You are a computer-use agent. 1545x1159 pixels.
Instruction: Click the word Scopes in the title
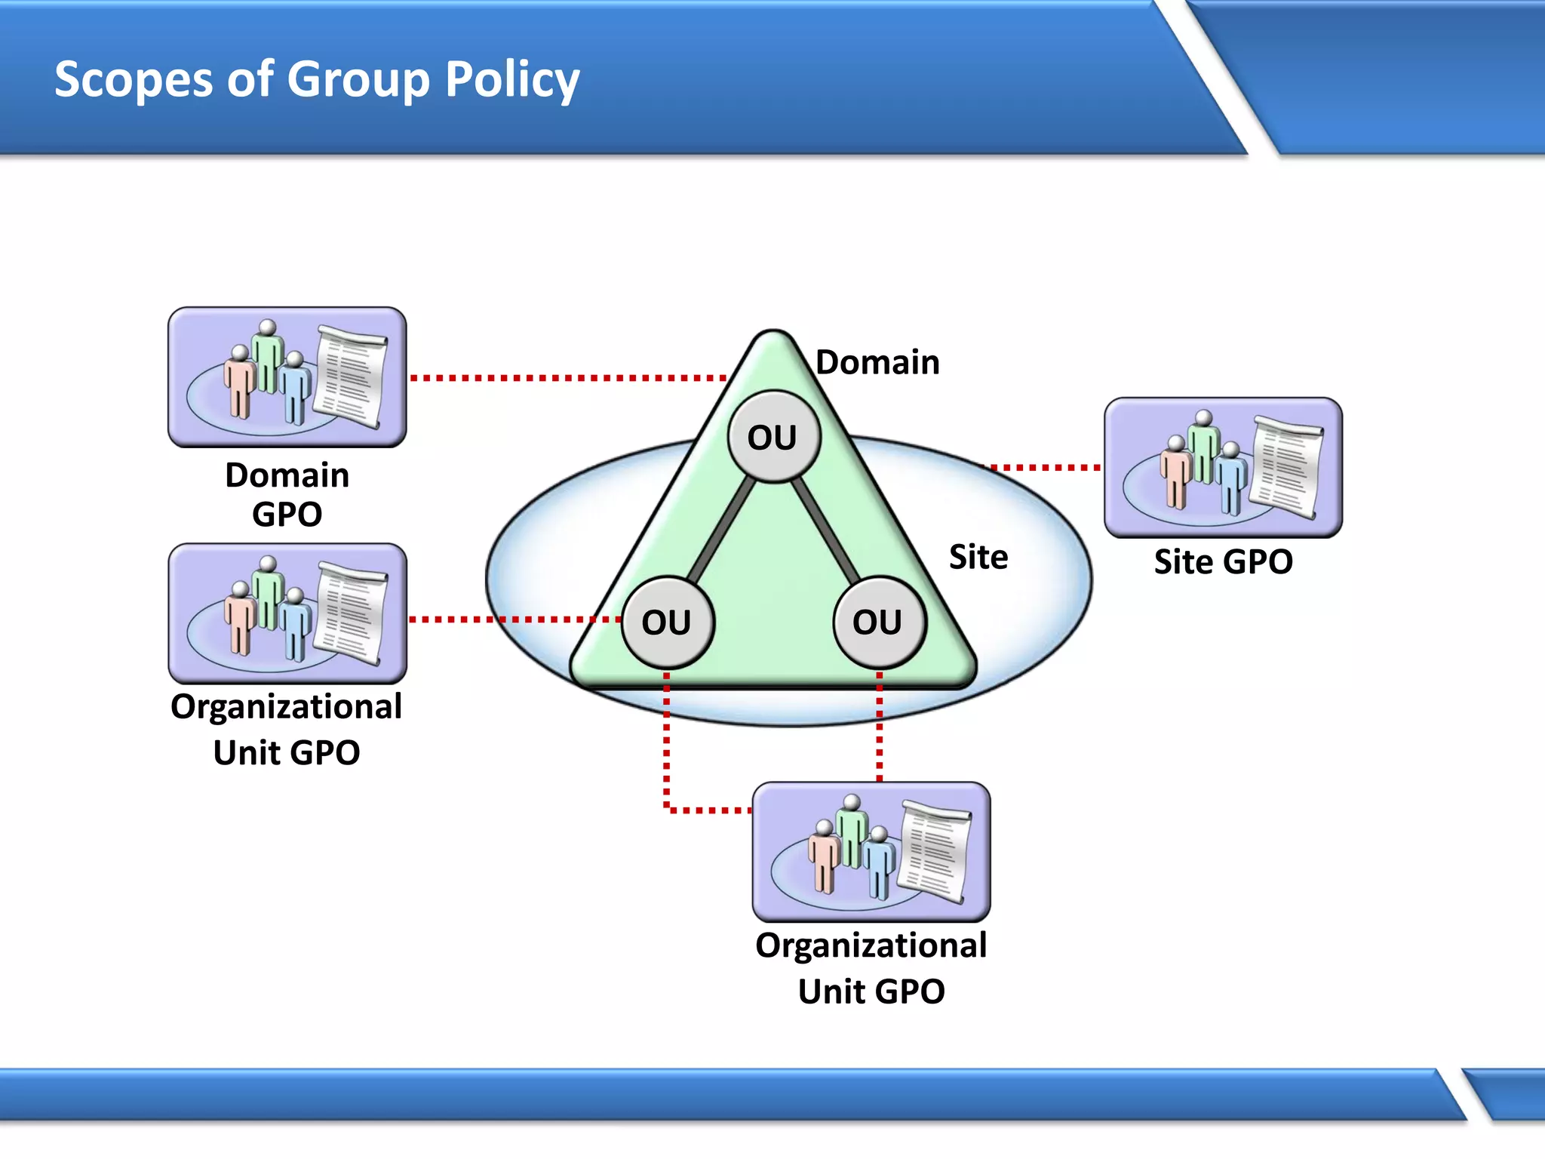point(134,79)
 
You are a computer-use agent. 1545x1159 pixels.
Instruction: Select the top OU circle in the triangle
point(773,437)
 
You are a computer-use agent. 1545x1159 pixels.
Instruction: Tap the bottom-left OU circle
point(668,623)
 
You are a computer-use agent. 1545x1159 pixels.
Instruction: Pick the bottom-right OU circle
point(879,623)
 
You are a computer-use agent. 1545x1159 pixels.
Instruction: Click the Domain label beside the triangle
point(877,362)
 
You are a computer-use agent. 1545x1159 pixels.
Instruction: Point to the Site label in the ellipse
point(978,557)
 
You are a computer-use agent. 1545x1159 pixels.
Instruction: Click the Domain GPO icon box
point(287,377)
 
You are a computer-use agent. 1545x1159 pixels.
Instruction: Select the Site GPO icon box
point(1222,467)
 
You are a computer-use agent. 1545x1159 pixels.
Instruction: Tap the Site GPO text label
point(1222,562)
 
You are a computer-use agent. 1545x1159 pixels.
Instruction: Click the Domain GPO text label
point(287,494)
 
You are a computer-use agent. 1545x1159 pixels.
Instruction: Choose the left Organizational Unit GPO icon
point(287,613)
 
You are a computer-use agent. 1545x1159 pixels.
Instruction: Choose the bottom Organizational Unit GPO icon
point(871,851)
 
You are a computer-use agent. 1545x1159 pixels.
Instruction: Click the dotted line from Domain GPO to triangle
point(566,377)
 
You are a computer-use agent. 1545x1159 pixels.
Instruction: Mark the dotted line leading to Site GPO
point(1045,467)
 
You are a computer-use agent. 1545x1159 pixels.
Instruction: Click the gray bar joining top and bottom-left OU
point(720,528)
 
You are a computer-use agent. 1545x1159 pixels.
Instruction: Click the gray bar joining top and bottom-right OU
point(826,528)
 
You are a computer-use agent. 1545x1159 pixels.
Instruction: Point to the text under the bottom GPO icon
point(871,968)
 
